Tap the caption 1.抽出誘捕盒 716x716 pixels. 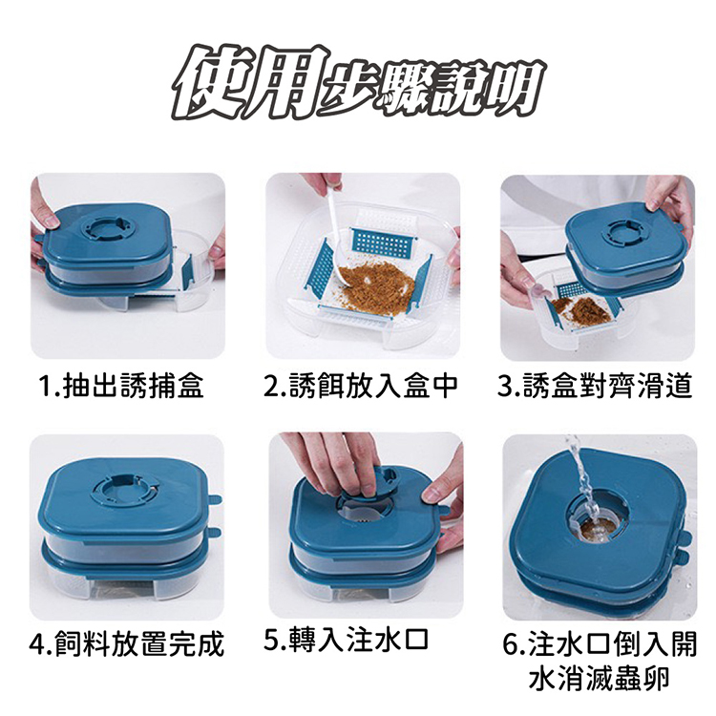click(x=121, y=386)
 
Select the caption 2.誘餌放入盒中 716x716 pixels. click(x=361, y=386)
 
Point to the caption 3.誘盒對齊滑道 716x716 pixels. click(x=596, y=386)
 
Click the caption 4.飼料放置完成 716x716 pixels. click(x=126, y=644)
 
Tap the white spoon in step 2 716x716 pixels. click(x=336, y=242)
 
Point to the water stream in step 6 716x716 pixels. click(x=583, y=479)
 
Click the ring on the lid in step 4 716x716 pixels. click(x=123, y=492)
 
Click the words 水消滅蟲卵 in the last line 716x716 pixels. click(x=599, y=679)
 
